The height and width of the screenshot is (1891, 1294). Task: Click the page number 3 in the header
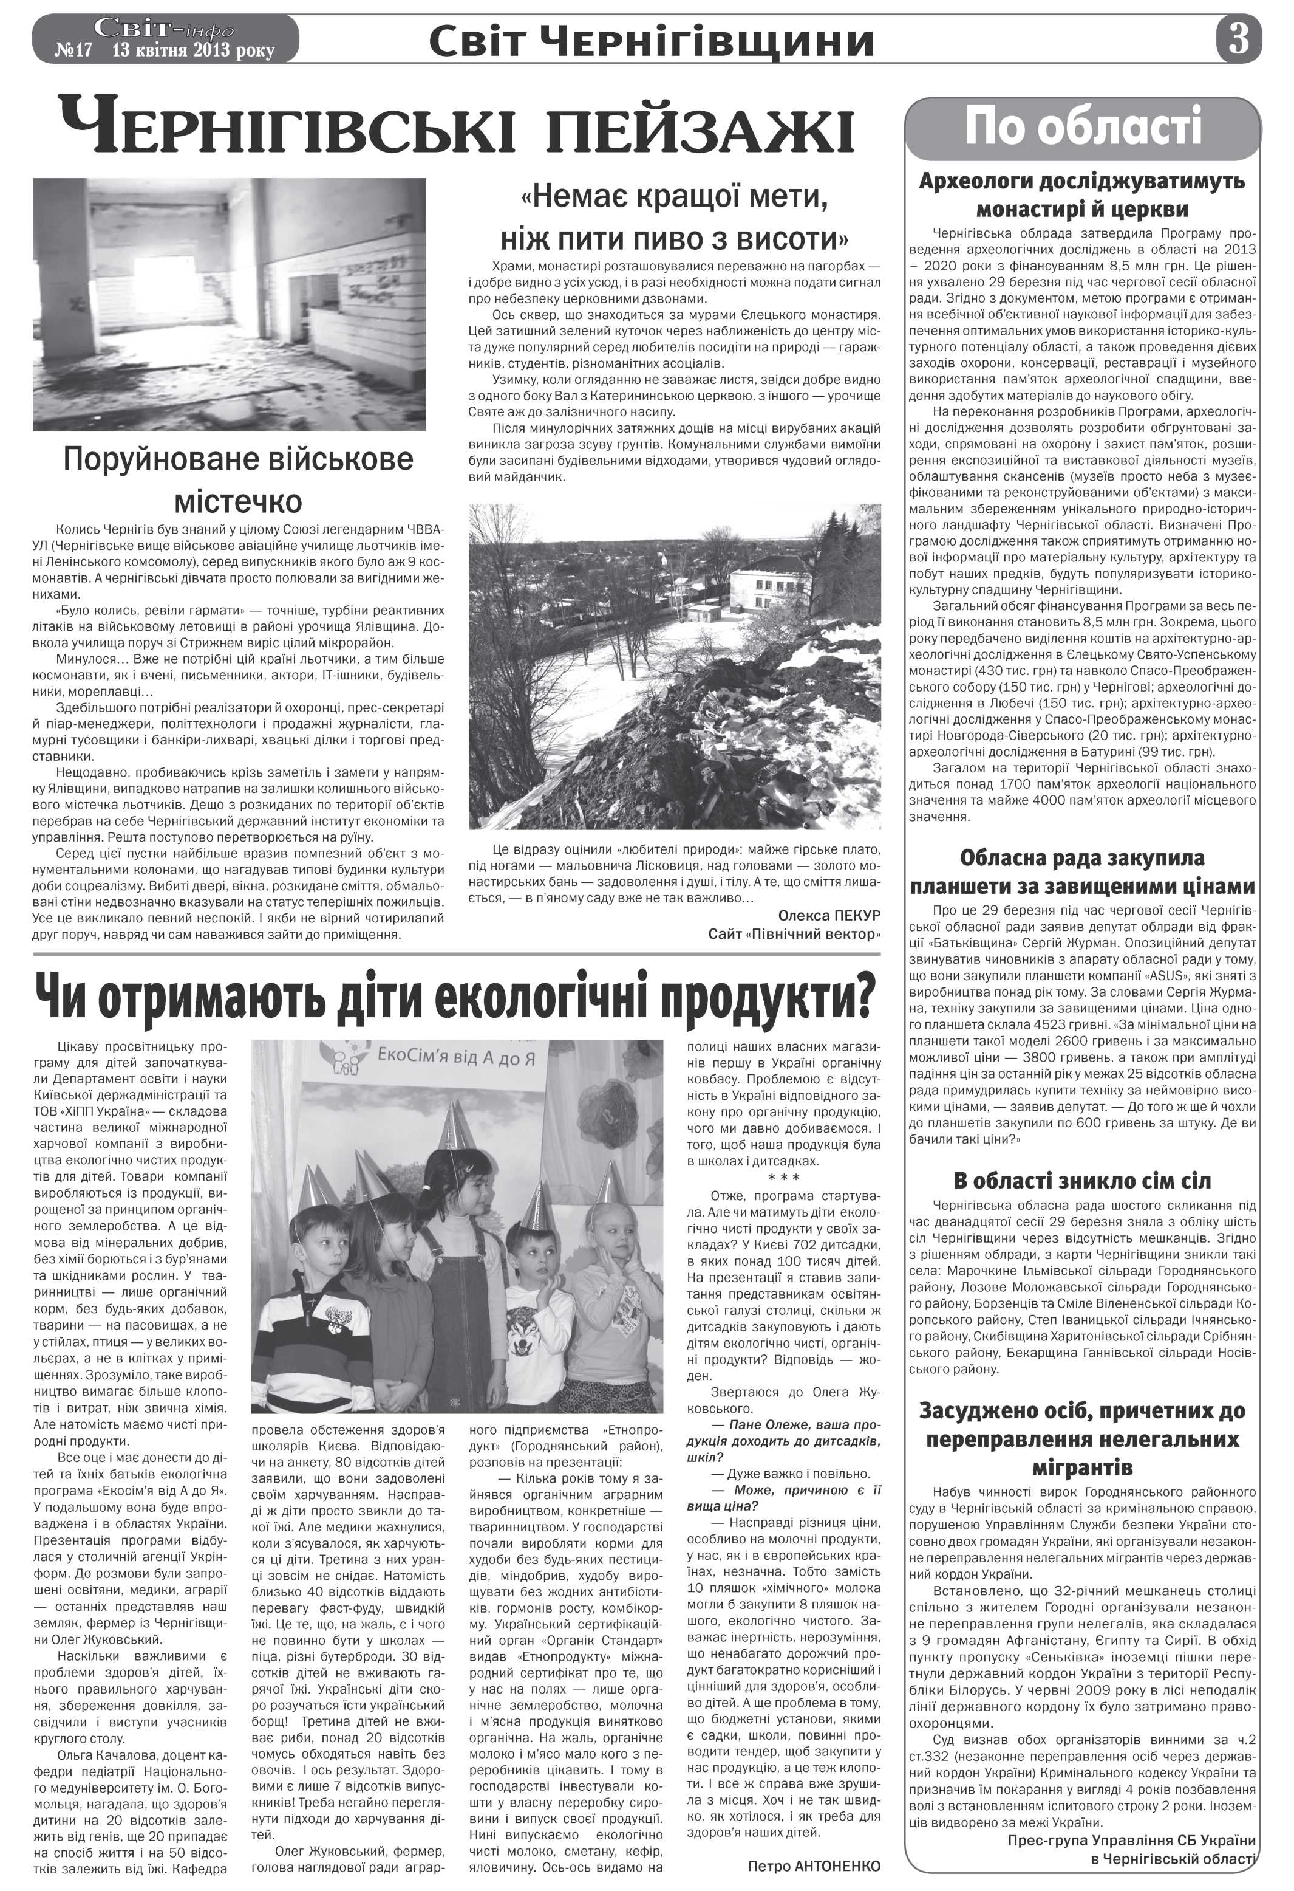pos(1238,38)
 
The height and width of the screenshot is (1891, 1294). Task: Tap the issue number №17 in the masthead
pos(75,50)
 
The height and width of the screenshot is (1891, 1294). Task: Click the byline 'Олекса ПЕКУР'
pos(829,915)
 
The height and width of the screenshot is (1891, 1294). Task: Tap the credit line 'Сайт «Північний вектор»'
pos(794,934)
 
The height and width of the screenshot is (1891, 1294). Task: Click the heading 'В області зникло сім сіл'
pos(1081,1180)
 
